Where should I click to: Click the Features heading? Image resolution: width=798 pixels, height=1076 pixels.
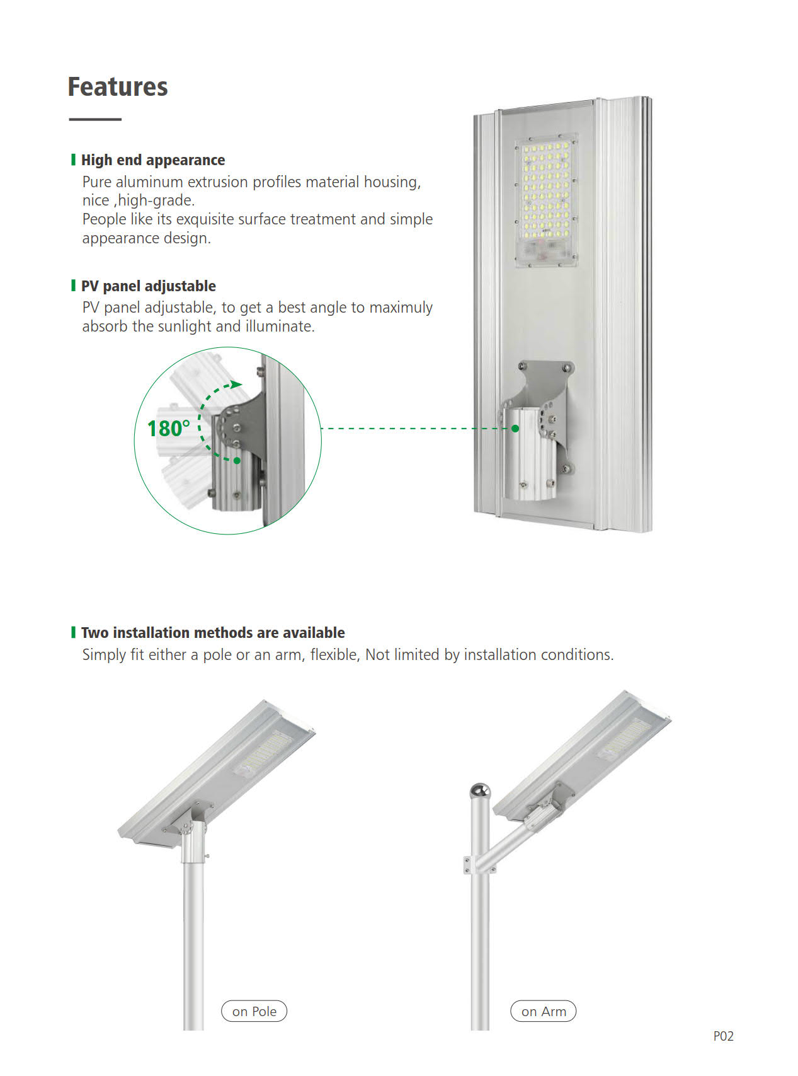tap(118, 87)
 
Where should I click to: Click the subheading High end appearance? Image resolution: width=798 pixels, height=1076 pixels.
tap(153, 160)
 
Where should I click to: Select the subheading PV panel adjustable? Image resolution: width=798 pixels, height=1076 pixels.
tap(149, 286)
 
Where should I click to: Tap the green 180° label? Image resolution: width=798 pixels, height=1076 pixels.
tap(168, 429)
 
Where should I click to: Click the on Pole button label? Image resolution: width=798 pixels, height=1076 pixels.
tap(254, 1011)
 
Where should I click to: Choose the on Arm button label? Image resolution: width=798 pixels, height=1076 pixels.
tap(544, 1011)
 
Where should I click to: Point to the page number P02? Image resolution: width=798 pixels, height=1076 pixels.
tap(724, 1036)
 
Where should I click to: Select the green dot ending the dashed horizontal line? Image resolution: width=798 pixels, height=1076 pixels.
tap(515, 429)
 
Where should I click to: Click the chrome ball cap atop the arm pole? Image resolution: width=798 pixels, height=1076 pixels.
tap(481, 790)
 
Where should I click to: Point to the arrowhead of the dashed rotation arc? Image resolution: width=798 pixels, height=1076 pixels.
tap(236, 384)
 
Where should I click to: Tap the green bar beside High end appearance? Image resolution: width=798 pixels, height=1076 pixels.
tap(73, 159)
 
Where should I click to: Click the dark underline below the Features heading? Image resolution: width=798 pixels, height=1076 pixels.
tap(95, 119)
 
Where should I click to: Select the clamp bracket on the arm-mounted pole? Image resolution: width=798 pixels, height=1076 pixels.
tap(479, 865)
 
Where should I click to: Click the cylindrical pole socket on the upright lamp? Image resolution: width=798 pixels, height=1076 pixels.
tap(524, 454)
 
